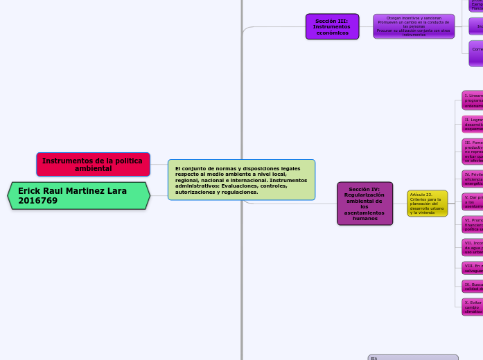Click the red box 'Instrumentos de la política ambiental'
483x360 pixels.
pyautogui.click(x=93, y=165)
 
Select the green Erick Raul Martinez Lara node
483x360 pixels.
pyautogui.click(x=79, y=195)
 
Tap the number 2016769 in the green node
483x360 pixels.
pyautogui.click(x=38, y=201)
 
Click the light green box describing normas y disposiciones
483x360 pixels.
pyautogui.click(x=241, y=180)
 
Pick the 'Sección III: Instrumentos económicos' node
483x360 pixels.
pyautogui.click(x=332, y=26)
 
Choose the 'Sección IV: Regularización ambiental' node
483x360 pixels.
pyautogui.click(x=365, y=204)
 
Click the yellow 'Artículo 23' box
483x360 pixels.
pyautogui.click(x=427, y=204)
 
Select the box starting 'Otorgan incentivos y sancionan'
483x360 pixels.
pyautogui.click(x=414, y=26)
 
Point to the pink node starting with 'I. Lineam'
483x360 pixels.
pyautogui.click(x=473, y=100)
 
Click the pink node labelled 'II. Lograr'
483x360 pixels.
pyautogui.click(x=473, y=125)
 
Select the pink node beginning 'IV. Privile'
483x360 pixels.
pyautogui.click(x=473, y=179)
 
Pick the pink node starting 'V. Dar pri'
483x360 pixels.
pyautogui.click(x=473, y=201)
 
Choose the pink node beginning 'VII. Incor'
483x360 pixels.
pyautogui.click(x=473, y=247)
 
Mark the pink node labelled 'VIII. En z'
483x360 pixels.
pyautogui.click(x=473, y=267)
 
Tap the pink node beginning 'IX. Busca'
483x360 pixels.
pyautogui.click(x=473, y=286)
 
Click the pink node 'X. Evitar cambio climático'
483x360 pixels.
pyautogui.click(x=473, y=307)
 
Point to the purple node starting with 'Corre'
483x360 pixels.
pyautogui.click(x=475, y=53)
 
